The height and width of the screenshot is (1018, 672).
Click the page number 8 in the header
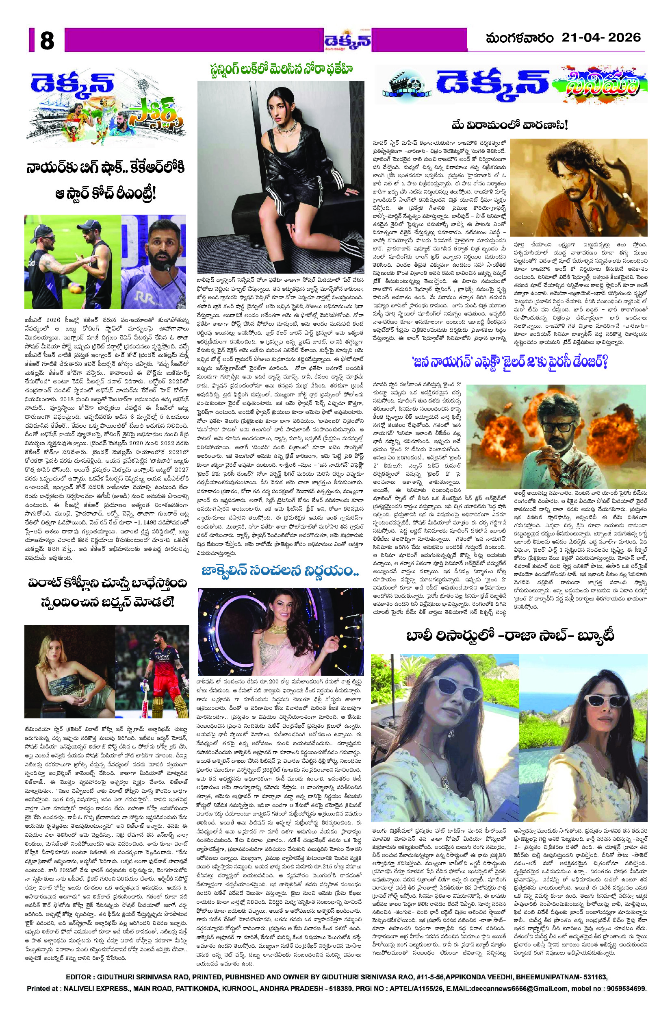(47, 41)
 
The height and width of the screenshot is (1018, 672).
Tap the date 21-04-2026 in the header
(601, 38)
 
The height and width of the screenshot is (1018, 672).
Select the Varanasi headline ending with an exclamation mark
(509, 126)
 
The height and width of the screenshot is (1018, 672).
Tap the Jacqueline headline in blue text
(281, 571)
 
